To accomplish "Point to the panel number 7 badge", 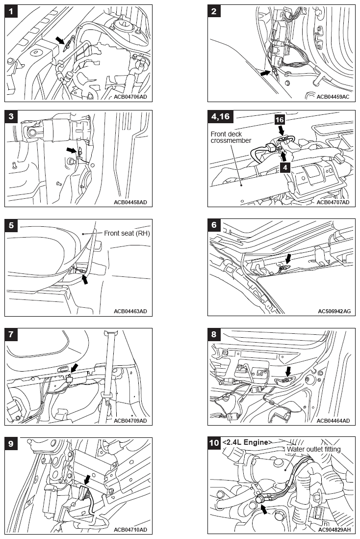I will pyautogui.click(x=12, y=335).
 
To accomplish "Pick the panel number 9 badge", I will pyautogui.click(x=12, y=443).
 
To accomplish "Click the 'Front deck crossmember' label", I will pyautogui.click(x=231, y=137).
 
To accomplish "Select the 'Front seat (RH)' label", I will pyautogui.click(x=127, y=233).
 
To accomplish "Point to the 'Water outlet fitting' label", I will pyautogui.click(x=314, y=449).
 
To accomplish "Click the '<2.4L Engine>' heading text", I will pyautogui.click(x=247, y=442).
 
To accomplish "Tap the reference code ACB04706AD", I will pyautogui.click(x=130, y=97).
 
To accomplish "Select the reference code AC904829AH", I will pyautogui.click(x=334, y=529).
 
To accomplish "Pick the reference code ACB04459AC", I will pyautogui.click(x=333, y=97).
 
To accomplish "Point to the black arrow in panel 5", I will pyautogui.click(x=85, y=279).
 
